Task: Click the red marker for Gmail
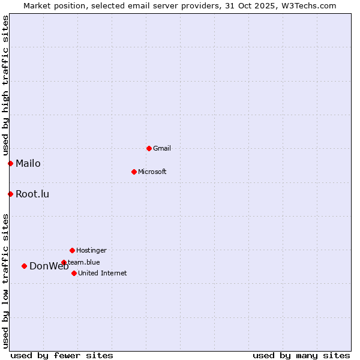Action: (149, 148)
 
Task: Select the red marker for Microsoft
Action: (134, 172)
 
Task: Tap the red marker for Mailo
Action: (10, 163)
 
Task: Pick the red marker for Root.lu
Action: (10, 194)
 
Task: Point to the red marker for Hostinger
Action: (72, 250)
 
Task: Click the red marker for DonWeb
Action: (24, 266)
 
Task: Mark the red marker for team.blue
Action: (64, 262)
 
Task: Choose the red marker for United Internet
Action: (74, 273)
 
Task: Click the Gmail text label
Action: (162, 148)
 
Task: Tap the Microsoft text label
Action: (152, 172)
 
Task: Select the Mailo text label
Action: (28, 163)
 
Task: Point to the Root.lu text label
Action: (32, 194)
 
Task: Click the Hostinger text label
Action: (91, 250)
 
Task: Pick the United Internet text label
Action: (103, 273)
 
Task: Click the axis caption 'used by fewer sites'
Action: (62, 355)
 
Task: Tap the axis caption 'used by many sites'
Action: (301, 355)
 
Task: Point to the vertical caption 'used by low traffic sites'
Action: (5, 281)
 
